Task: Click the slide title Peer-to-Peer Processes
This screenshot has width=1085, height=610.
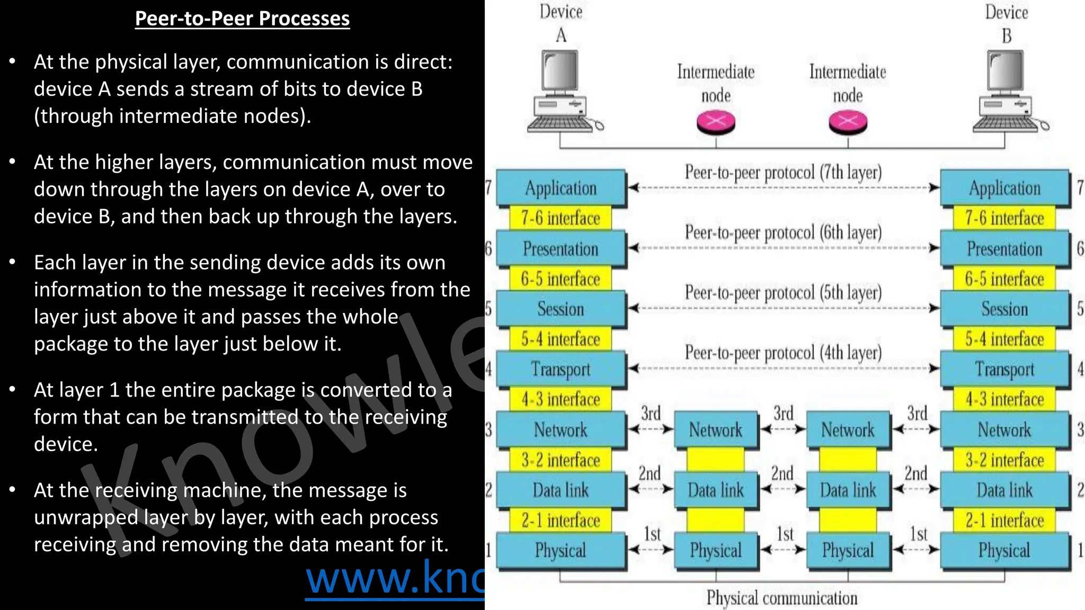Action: pyautogui.click(x=242, y=19)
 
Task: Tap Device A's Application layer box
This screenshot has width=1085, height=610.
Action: pyautogui.click(x=561, y=188)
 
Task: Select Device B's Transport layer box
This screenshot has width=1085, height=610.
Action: pyautogui.click(x=1004, y=369)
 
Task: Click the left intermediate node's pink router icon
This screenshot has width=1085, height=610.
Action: pyautogui.click(x=716, y=122)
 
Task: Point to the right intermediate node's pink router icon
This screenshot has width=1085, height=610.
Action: pyautogui.click(x=848, y=122)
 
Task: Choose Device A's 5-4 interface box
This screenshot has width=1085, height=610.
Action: pyautogui.click(x=561, y=339)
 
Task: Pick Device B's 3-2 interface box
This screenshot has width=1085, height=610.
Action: pyautogui.click(x=1004, y=460)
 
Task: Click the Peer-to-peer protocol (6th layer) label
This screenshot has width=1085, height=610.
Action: pyautogui.click(x=783, y=232)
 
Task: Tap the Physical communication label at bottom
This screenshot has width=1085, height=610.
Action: pyautogui.click(x=782, y=598)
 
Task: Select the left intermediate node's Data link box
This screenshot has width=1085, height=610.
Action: pyautogui.click(x=716, y=490)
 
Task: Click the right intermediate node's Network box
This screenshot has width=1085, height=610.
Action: pyautogui.click(x=848, y=429)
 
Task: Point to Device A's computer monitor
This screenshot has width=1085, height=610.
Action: pyautogui.click(x=560, y=73)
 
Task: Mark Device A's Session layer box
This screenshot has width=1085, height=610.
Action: pyautogui.click(x=561, y=309)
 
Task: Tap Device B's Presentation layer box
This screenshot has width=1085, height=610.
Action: pyautogui.click(x=1004, y=249)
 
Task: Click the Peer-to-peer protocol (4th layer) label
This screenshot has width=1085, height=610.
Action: pyautogui.click(x=783, y=353)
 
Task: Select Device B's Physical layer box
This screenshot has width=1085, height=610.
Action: pyautogui.click(x=1004, y=551)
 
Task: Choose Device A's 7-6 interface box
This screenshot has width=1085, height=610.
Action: pyautogui.click(x=561, y=218)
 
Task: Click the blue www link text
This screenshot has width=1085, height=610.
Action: pyautogui.click(x=395, y=579)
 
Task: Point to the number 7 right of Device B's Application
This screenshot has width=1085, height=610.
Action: pyautogui.click(x=1080, y=187)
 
